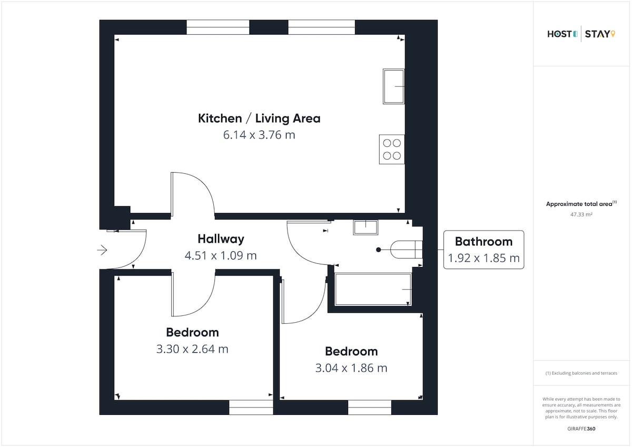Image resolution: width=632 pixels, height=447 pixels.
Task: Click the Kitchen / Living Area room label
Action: tap(259, 118)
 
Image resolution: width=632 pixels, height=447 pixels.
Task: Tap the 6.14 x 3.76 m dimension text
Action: tap(259, 135)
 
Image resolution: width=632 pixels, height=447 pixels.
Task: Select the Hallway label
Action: tap(221, 239)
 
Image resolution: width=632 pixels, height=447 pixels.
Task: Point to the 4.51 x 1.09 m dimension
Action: tap(221, 255)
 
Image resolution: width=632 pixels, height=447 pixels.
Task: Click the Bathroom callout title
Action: tap(483, 242)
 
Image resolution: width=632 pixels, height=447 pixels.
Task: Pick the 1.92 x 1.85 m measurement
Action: tap(483, 258)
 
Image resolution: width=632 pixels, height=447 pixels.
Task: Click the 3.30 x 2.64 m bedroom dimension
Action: tap(192, 349)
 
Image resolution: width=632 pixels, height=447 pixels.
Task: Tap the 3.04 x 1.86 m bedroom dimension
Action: tap(351, 368)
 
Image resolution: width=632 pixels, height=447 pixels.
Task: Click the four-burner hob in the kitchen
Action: tap(392, 150)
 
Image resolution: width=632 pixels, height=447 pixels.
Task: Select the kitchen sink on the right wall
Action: tap(394, 86)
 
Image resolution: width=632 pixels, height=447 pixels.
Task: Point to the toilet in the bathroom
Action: tap(406, 250)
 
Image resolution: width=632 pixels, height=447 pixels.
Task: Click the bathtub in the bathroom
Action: tap(373, 290)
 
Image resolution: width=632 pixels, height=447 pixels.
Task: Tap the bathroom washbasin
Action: tap(366, 227)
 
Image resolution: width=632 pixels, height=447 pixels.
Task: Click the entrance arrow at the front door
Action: tap(102, 250)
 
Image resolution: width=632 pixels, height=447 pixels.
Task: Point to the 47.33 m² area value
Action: tap(581, 215)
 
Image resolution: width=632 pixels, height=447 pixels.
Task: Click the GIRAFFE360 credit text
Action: tap(581, 429)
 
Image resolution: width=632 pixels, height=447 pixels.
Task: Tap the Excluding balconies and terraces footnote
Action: tap(581, 373)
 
